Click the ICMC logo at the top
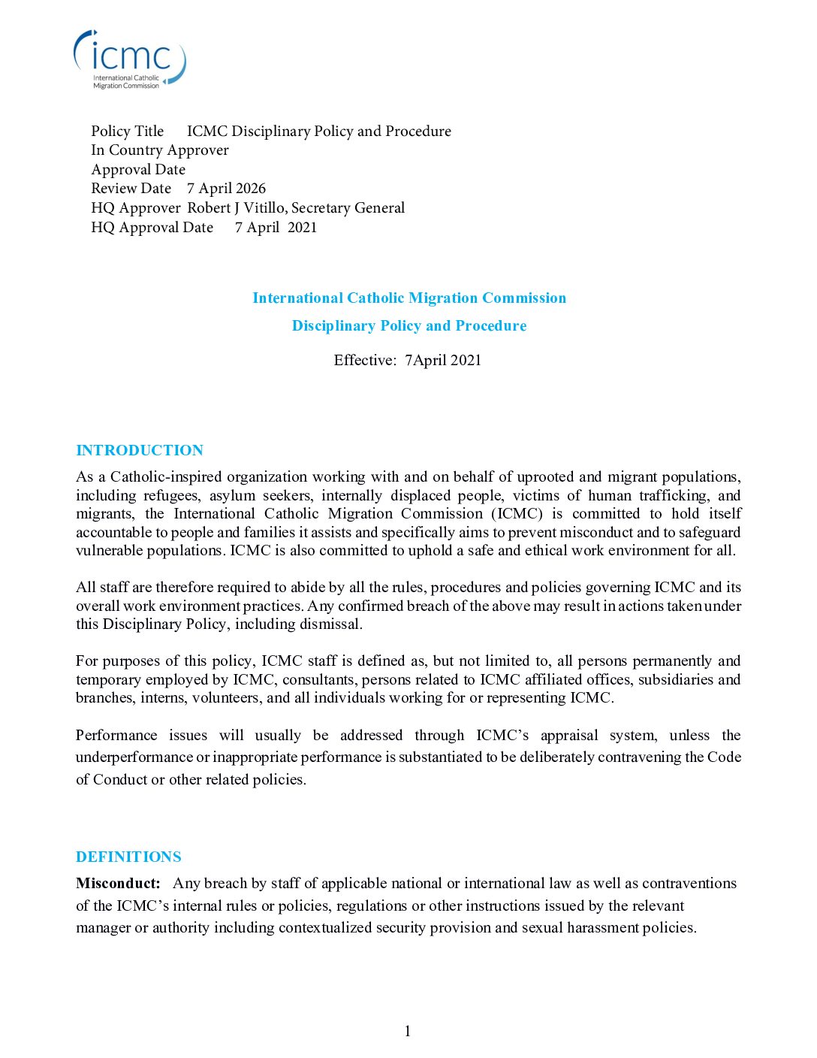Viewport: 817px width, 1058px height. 129,59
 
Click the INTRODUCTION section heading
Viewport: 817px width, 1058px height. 140,450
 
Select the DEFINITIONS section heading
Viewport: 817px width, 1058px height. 128,857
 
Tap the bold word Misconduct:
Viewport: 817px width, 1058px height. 118,883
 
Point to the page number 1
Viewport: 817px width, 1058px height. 408,1031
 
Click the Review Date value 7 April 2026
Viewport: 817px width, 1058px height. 226,189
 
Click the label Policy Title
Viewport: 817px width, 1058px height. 128,131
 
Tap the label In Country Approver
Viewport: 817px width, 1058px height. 160,150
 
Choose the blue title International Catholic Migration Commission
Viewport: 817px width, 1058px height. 409,298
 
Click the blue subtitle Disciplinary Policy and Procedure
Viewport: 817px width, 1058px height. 409,326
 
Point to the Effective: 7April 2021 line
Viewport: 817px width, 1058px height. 408,360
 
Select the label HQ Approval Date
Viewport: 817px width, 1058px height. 152,228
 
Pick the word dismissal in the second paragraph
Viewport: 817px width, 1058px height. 330,624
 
